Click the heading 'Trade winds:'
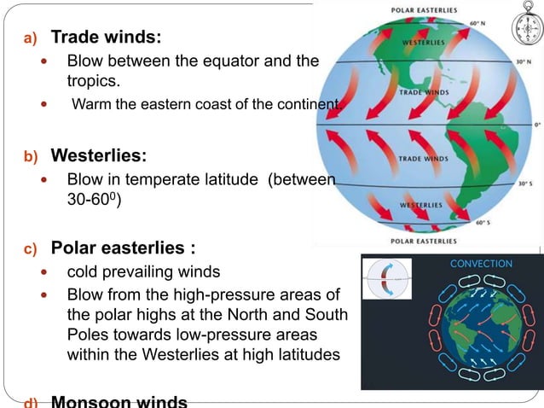click(x=106, y=38)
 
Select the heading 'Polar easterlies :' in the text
click(x=123, y=248)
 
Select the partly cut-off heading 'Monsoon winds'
click(x=119, y=401)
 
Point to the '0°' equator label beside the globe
click(x=537, y=124)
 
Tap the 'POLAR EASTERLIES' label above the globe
click(x=430, y=11)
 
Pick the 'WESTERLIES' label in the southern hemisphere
click(x=422, y=206)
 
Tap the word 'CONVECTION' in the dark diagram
click(x=482, y=264)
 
